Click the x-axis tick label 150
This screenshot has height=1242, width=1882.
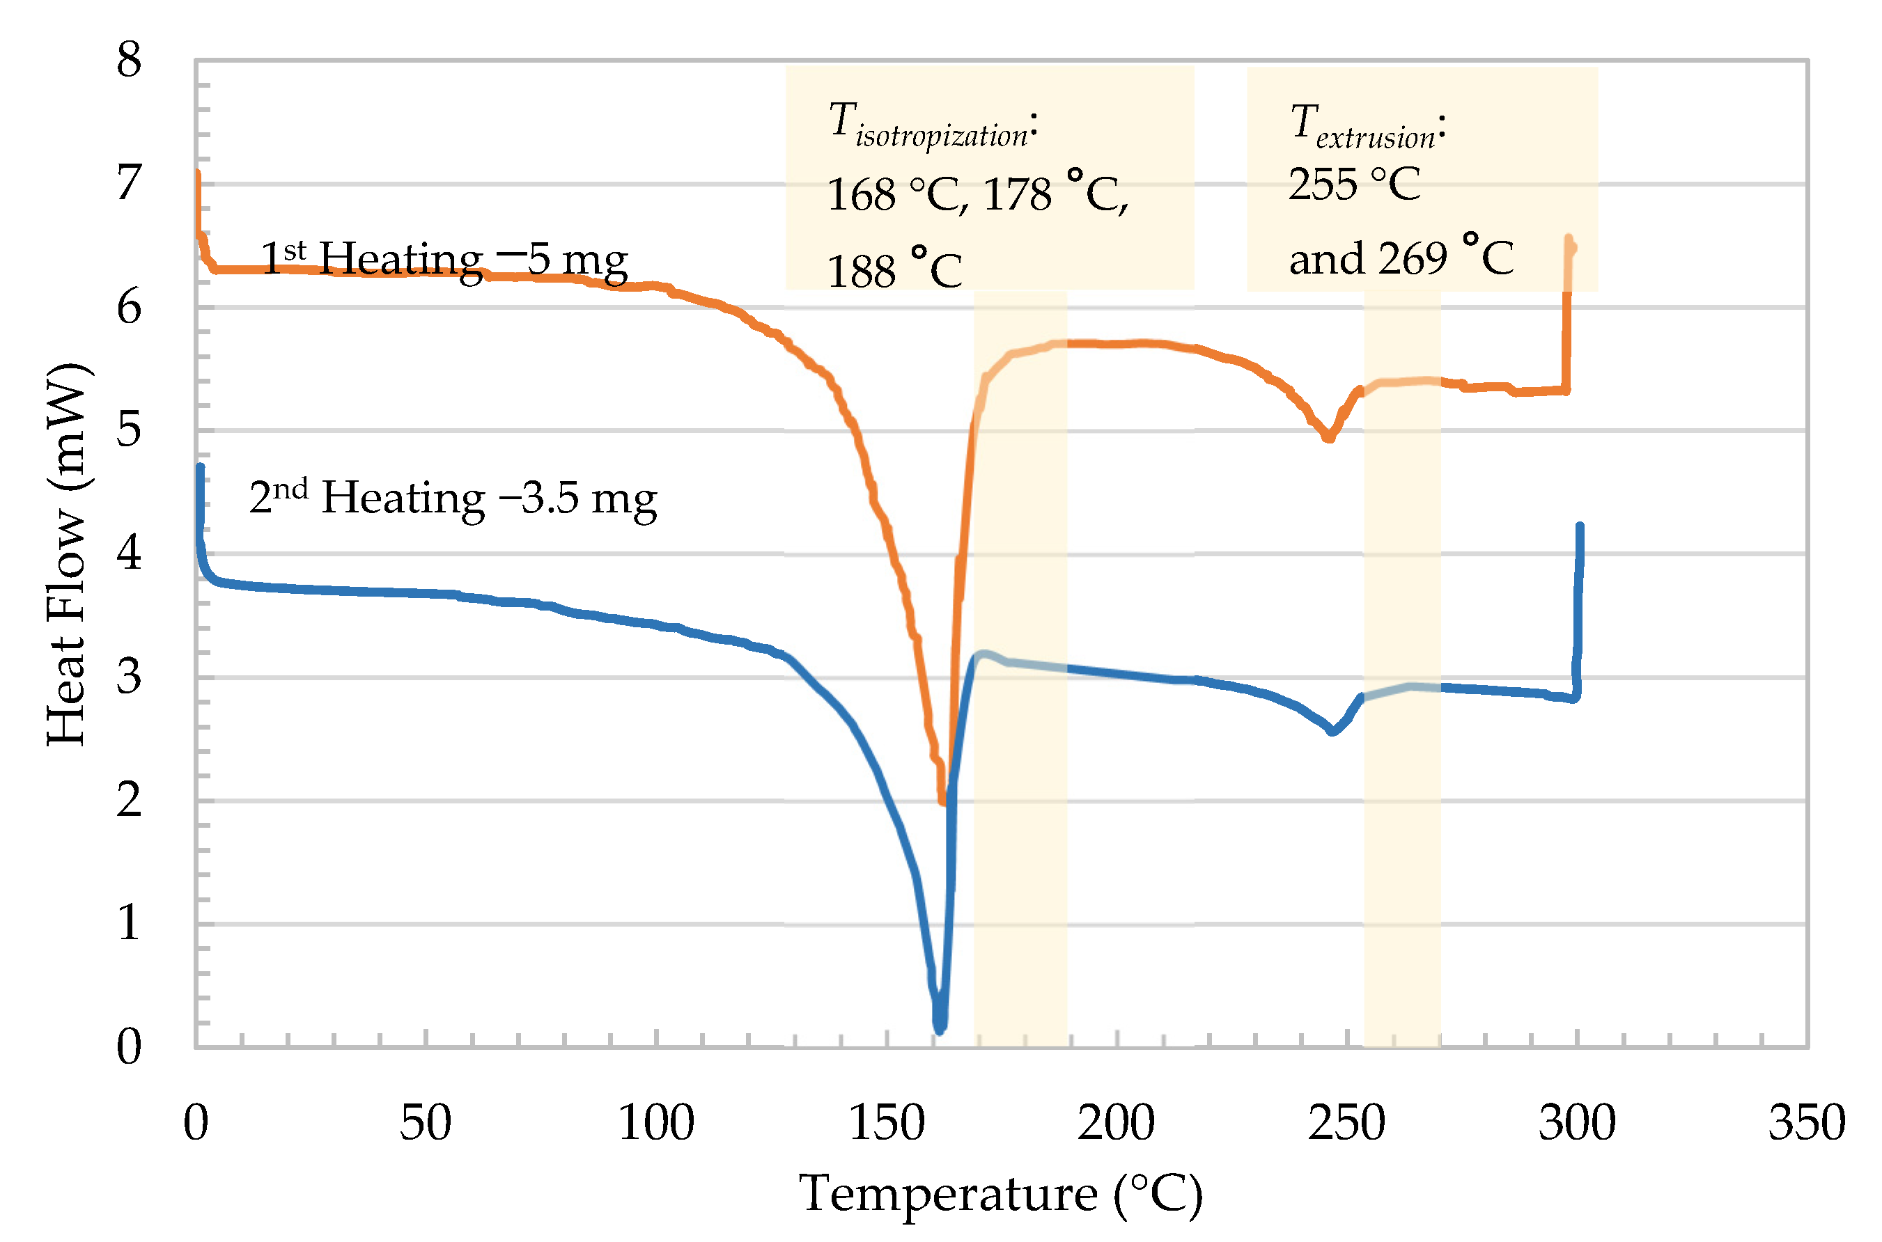(x=886, y=1123)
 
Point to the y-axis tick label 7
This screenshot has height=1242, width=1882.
(x=128, y=183)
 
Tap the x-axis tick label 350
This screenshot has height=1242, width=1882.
(x=1807, y=1123)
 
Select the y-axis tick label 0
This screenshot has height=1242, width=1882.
(x=128, y=1046)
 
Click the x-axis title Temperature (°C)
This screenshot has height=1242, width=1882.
(x=1000, y=1194)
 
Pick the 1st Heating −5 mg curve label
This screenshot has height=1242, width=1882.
(x=444, y=259)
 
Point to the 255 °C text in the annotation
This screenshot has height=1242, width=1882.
(x=1353, y=184)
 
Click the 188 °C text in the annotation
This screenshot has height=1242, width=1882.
(x=894, y=271)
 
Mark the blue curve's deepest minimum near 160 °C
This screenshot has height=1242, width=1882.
(x=940, y=1030)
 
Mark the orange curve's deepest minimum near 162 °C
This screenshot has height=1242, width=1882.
(x=942, y=801)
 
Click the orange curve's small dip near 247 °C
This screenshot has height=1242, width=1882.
(x=1329, y=437)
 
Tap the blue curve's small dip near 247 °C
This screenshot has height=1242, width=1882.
(x=1333, y=731)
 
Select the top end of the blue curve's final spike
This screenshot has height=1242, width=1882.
(x=1579, y=527)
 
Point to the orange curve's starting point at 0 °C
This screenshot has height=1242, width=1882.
(x=197, y=173)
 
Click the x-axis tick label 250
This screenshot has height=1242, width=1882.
(x=1346, y=1123)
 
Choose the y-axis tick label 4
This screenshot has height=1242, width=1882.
(x=128, y=553)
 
